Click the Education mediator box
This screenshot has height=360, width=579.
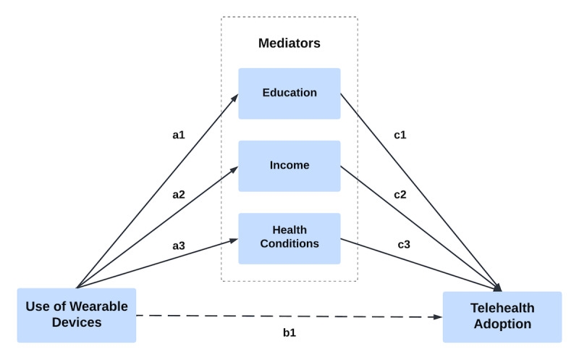pos(289,93)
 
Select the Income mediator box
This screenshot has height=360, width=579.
pos(289,165)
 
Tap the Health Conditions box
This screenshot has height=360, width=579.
pos(289,238)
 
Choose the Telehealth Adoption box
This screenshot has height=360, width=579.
pos(502,317)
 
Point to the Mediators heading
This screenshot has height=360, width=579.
pos(289,43)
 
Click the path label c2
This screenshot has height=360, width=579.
pos(400,196)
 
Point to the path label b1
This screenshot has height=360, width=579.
pos(289,335)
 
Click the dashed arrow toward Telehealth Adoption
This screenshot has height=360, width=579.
pos(289,317)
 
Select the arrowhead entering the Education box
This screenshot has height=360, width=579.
pos(234,95)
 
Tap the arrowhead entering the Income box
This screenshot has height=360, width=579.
pos(234,167)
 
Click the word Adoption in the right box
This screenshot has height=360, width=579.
pos(502,325)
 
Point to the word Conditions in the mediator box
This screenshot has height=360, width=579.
pos(289,244)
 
